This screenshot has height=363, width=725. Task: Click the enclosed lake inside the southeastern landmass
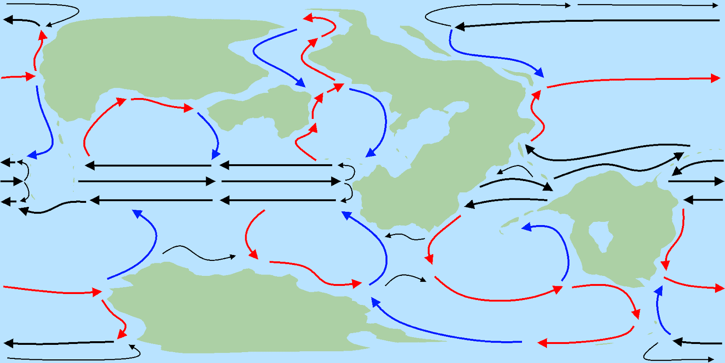[x=599, y=235]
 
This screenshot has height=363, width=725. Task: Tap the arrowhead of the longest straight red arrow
[x=716, y=78]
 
